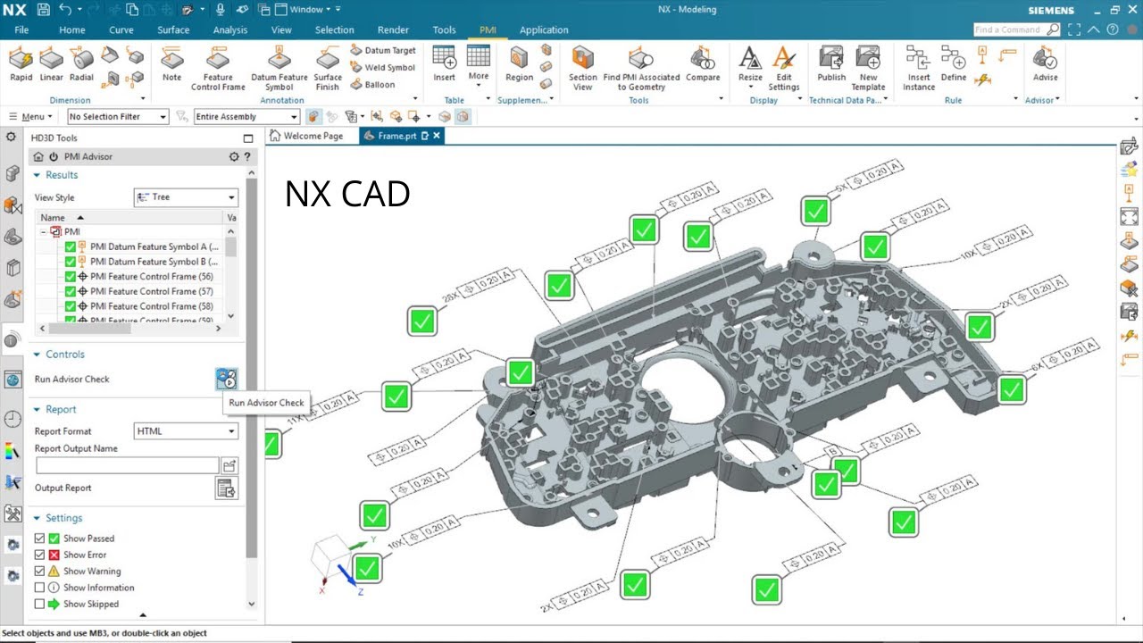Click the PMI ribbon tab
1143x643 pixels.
pyautogui.click(x=488, y=29)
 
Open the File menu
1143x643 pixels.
pyautogui.click(x=21, y=29)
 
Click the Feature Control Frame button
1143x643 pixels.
pyautogui.click(x=218, y=69)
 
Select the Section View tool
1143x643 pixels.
pyautogui.click(x=582, y=69)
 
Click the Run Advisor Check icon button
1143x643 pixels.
pyautogui.click(x=227, y=379)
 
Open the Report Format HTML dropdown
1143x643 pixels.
pyautogui.click(x=186, y=431)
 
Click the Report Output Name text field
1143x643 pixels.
pyautogui.click(x=127, y=465)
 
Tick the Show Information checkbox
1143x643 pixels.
pyautogui.click(x=39, y=588)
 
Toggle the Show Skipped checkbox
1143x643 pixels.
pyautogui.click(x=39, y=604)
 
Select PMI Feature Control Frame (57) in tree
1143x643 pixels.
pyautogui.click(x=152, y=291)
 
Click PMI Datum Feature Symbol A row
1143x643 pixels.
pyautogui.click(x=153, y=246)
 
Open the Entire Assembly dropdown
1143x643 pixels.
pyautogui.click(x=246, y=117)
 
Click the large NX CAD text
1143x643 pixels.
pyautogui.click(x=346, y=194)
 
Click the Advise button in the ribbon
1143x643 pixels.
pyautogui.click(x=1045, y=69)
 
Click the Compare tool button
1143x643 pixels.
pyautogui.click(x=703, y=69)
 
